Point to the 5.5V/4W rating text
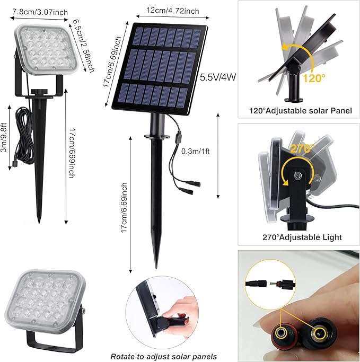point(217,77)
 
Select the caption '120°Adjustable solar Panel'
point(297,111)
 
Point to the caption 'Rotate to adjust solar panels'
point(163,356)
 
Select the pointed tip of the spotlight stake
point(39,222)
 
